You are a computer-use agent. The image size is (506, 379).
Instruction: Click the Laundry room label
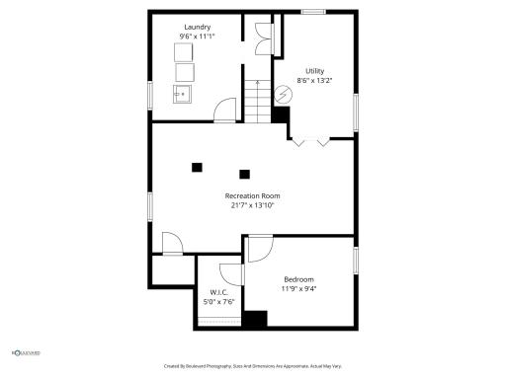tap(198, 27)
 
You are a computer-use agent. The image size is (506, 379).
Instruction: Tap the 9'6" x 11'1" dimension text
tap(198, 37)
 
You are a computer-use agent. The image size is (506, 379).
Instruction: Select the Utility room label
tap(314, 71)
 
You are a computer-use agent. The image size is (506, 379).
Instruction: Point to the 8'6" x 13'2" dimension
tap(314, 81)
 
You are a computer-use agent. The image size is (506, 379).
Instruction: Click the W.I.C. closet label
tap(219, 292)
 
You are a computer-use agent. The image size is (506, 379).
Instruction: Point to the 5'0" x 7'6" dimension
tap(219, 302)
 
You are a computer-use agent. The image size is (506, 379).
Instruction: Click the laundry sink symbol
tap(183, 95)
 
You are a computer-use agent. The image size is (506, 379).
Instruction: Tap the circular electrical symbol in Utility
tap(284, 95)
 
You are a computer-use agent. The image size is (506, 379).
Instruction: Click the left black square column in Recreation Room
tap(197, 167)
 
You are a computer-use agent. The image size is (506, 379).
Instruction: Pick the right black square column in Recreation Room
tap(244, 174)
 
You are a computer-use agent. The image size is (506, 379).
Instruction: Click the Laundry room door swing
tap(227, 111)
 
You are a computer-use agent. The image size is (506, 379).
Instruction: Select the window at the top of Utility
tap(313, 12)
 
